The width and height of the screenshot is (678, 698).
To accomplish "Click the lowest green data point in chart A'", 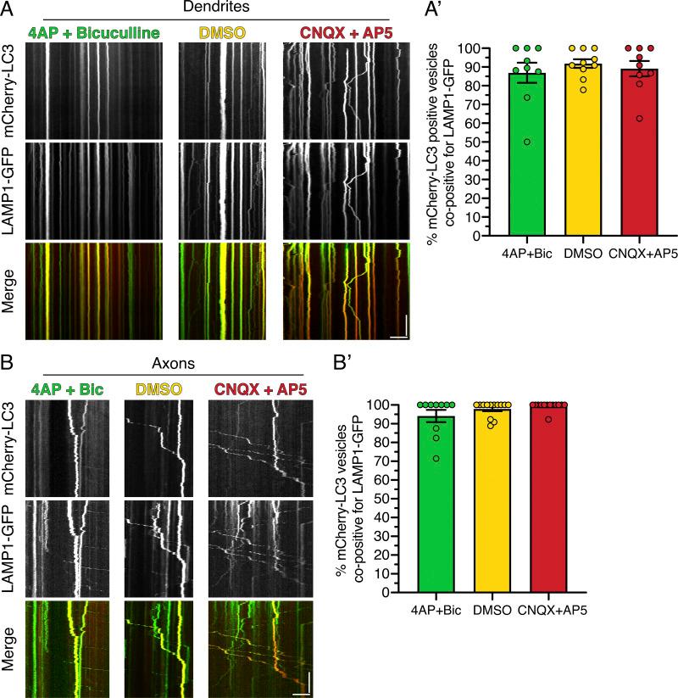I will [527, 142].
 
